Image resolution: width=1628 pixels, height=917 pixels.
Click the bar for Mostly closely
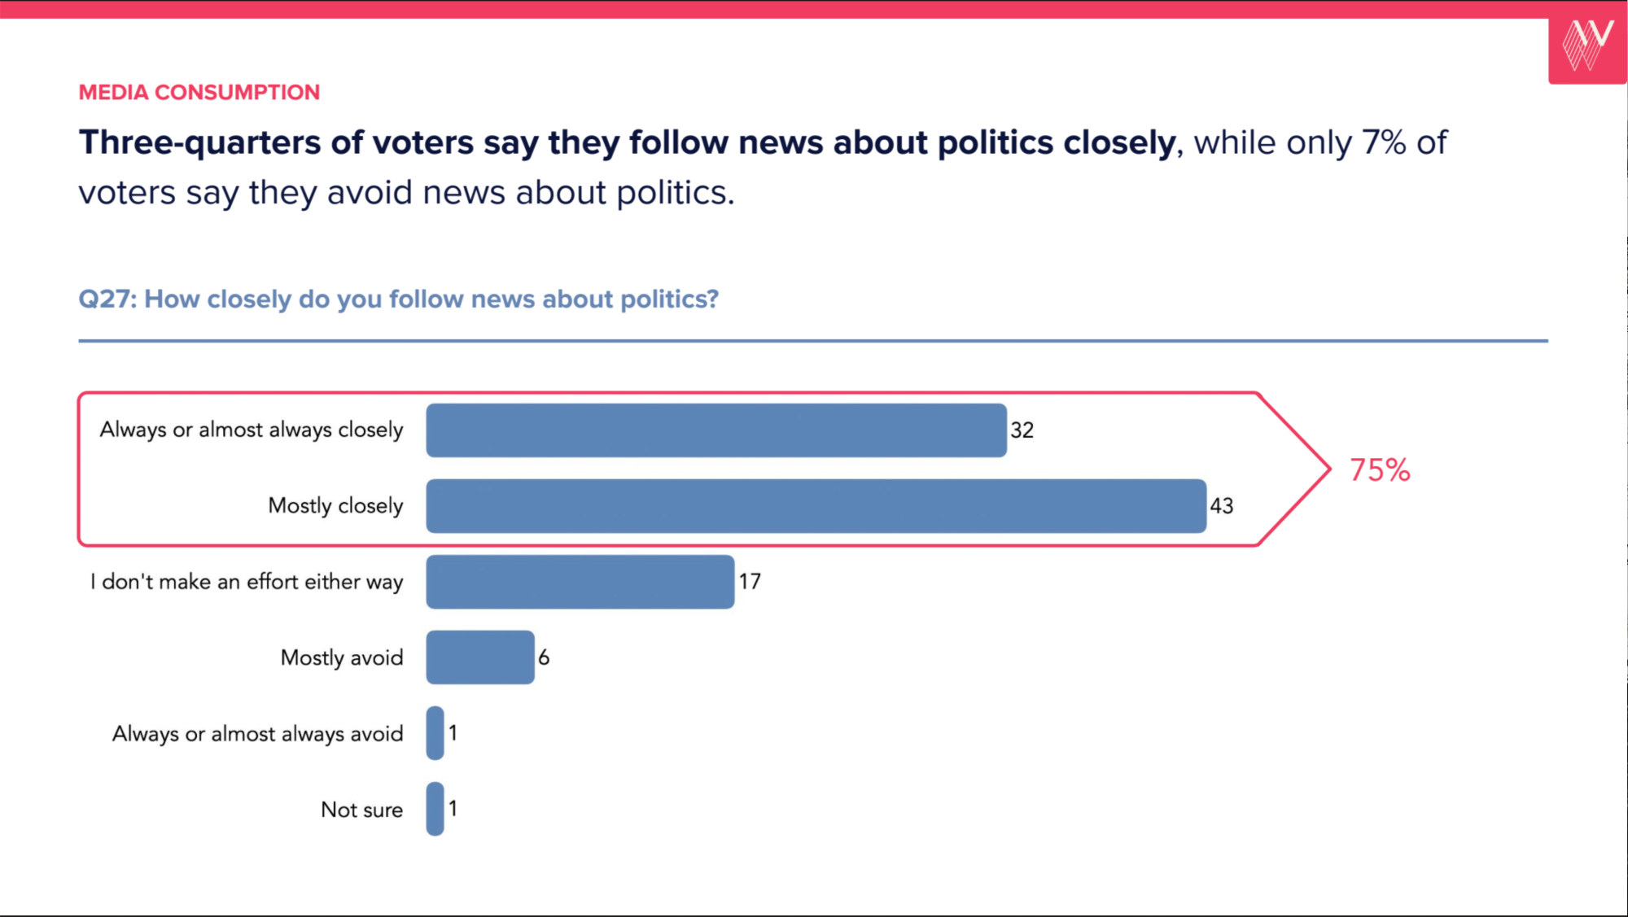pyautogui.click(x=816, y=506)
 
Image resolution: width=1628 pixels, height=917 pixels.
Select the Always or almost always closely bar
pyautogui.click(x=716, y=430)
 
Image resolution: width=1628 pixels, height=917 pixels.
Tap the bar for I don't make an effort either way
pyautogui.click(x=580, y=582)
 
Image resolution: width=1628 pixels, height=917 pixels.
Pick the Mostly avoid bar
pyautogui.click(x=480, y=657)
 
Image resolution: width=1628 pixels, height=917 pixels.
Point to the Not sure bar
pyautogui.click(x=435, y=809)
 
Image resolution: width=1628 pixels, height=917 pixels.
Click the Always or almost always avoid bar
pyautogui.click(x=435, y=733)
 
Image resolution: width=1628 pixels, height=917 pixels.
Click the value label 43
pyautogui.click(x=1221, y=506)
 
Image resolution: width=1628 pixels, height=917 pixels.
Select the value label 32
pyautogui.click(x=1022, y=430)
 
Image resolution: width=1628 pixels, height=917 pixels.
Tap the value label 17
pyautogui.click(x=750, y=582)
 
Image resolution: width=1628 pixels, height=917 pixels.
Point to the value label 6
pyautogui.click(x=544, y=657)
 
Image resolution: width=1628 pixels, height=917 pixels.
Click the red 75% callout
pyautogui.click(x=1380, y=470)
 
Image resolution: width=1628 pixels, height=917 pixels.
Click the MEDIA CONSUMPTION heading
pyautogui.click(x=199, y=93)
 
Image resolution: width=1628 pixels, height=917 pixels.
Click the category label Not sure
pyautogui.click(x=361, y=810)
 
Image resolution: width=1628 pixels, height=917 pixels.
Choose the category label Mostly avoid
pyautogui.click(x=342, y=657)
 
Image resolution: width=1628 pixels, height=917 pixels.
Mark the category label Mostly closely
pyautogui.click(x=335, y=506)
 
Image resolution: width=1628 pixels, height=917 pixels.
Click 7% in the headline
pyautogui.click(x=1384, y=143)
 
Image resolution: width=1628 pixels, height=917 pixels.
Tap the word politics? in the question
pyautogui.click(x=669, y=299)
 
